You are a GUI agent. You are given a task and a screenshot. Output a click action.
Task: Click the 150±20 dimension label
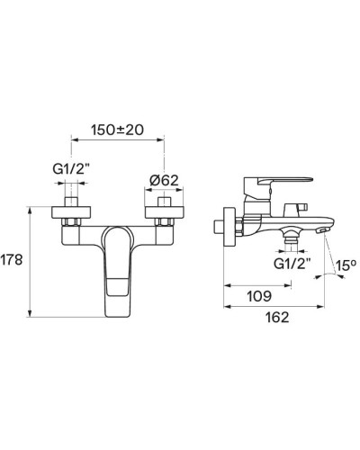point(117,130)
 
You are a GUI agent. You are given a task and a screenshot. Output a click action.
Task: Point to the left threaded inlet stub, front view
point(72,194)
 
